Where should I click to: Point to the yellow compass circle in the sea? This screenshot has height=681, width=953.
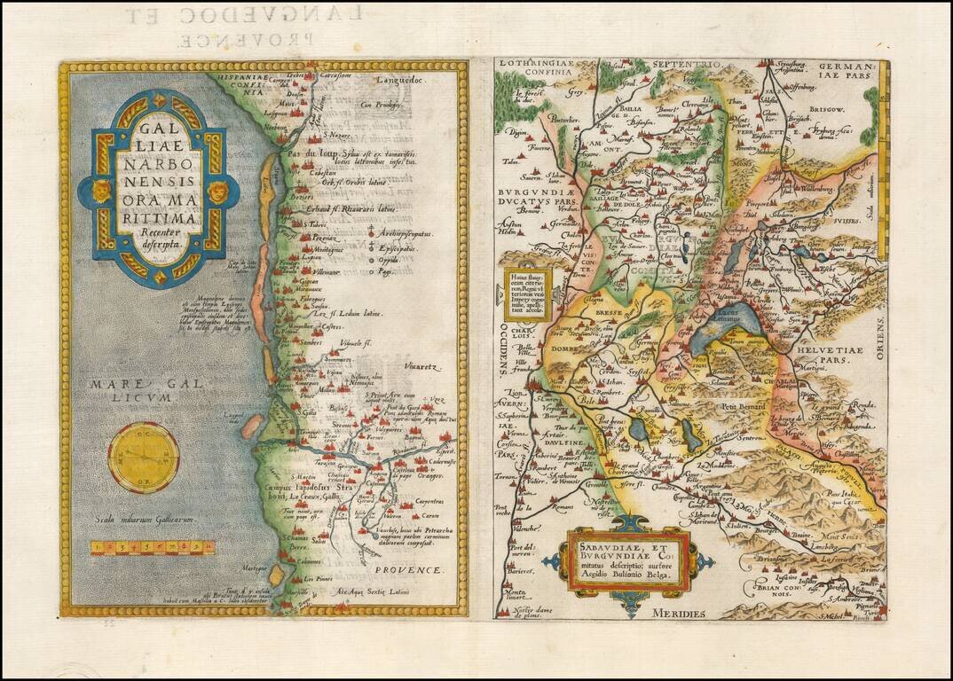144,458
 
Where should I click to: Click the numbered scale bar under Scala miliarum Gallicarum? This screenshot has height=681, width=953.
152,547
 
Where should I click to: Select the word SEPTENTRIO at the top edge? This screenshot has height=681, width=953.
681,65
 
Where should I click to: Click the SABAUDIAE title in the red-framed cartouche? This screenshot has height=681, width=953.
624,541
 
